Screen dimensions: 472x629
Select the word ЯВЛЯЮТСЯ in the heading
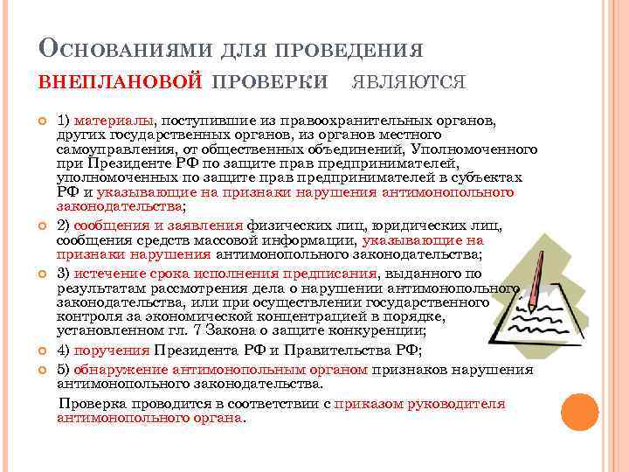(x=409, y=81)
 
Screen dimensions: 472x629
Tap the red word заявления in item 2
(x=209, y=225)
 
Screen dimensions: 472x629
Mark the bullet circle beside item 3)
(x=43, y=274)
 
